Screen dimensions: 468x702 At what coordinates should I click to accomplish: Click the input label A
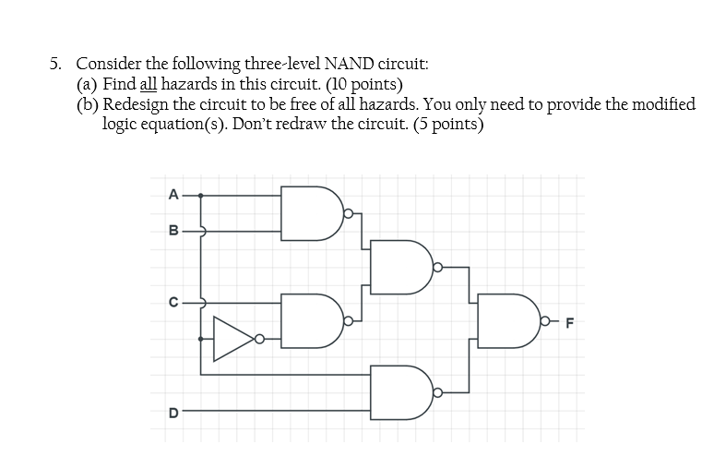(x=172, y=194)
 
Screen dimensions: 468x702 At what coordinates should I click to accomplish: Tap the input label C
(x=172, y=301)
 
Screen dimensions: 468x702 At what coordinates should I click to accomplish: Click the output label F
(x=569, y=323)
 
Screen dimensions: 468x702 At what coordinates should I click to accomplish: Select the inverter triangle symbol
(x=232, y=339)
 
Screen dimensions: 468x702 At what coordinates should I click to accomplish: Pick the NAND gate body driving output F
(x=508, y=322)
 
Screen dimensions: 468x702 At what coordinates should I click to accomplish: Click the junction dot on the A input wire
(x=201, y=196)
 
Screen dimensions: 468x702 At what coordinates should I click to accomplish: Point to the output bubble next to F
(x=548, y=322)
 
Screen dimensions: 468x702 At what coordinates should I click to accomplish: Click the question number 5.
(x=56, y=64)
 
